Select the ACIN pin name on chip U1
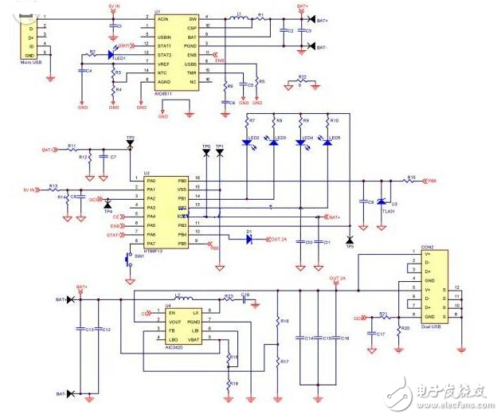point(164,18)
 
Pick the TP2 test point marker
point(130,142)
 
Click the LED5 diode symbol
point(325,140)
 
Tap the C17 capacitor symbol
point(371,326)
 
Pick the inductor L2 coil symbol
point(182,299)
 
